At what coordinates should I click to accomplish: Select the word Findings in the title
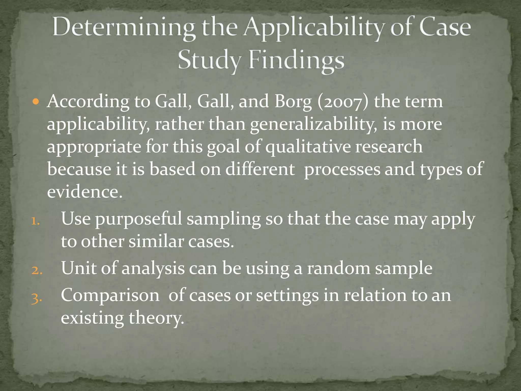[x=296, y=61]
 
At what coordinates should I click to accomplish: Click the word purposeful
[x=139, y=219]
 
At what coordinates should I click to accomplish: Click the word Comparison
[x=110, y=295]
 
